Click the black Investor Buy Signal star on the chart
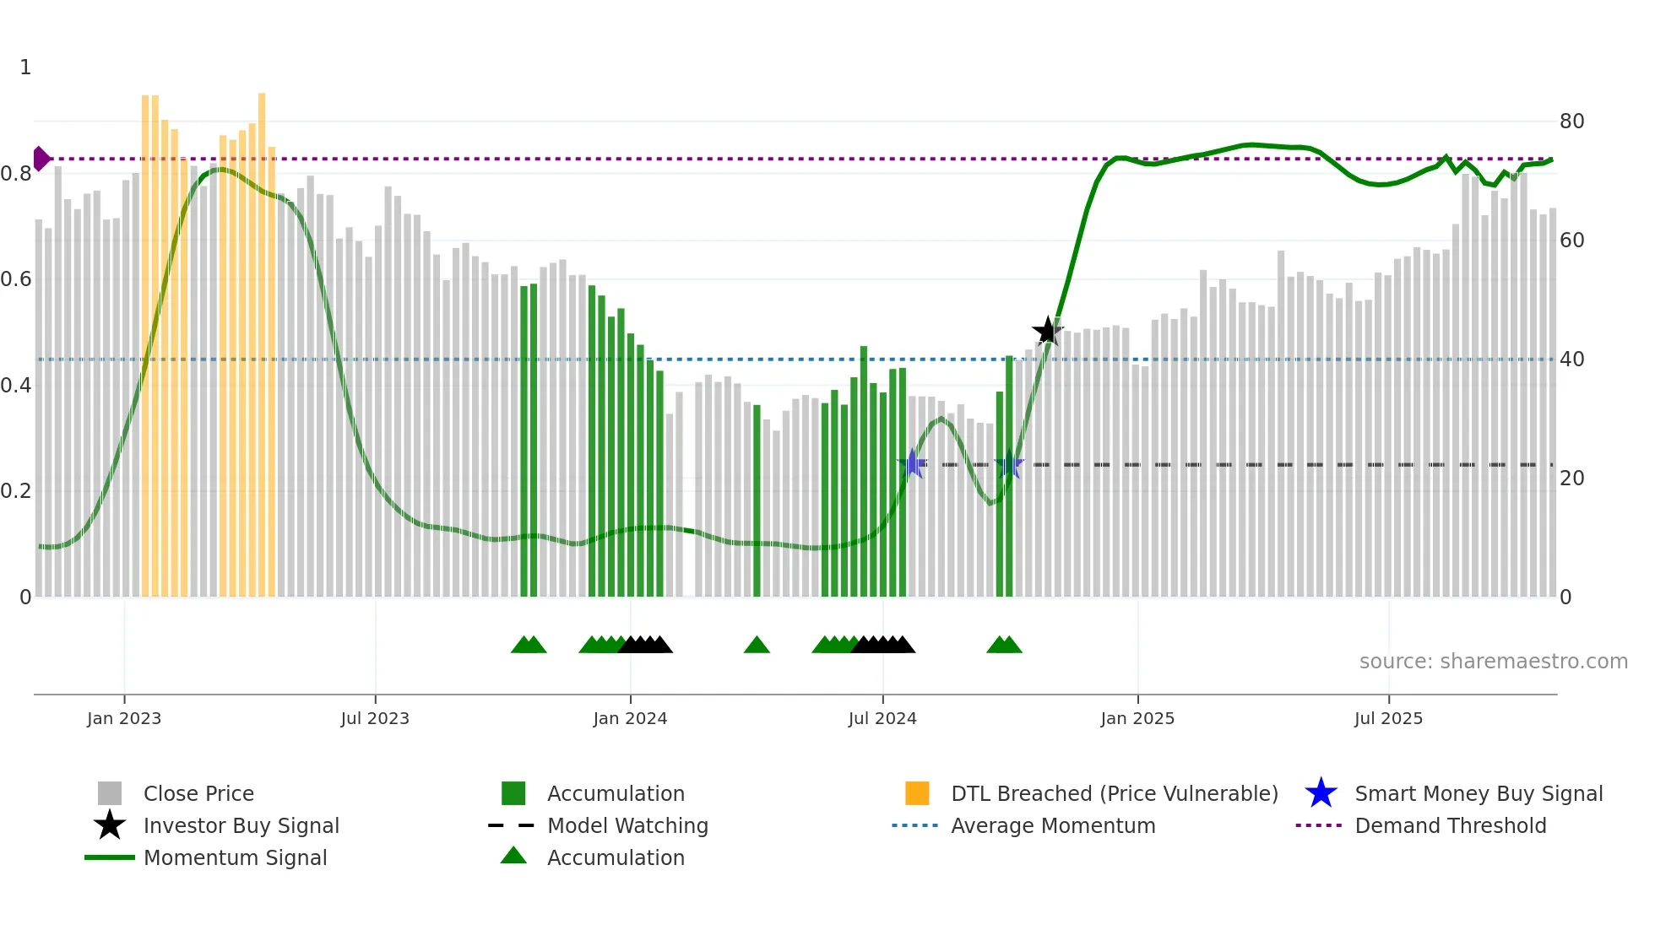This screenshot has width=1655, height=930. point(1047,331)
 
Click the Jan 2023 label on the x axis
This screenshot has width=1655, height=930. point(124,718)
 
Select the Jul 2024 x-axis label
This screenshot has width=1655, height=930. point(882,718)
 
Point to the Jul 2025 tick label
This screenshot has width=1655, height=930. point(1388,718)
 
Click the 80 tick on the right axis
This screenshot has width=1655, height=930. point(1571,122)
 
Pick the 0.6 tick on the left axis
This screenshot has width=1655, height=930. point(16,279)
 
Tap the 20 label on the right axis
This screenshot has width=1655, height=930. point(1571,479)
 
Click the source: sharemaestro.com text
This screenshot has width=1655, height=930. point(1493,662)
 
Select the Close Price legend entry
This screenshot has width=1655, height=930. point(198,793)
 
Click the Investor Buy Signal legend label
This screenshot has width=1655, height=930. point(241,825)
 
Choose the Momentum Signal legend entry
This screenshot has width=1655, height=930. point(235,857)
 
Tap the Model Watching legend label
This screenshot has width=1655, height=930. point(627,825)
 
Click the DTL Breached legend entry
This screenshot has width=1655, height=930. point(1114,793)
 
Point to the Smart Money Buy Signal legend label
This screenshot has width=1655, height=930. point(1479,793)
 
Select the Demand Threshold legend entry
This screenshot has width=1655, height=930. point(1450,825)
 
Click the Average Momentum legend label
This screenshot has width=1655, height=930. point(1053,825)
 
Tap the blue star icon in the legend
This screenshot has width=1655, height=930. point(1321,793)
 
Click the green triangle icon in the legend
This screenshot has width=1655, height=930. point(513,856)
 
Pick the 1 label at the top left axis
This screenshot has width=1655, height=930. point(25,68)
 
